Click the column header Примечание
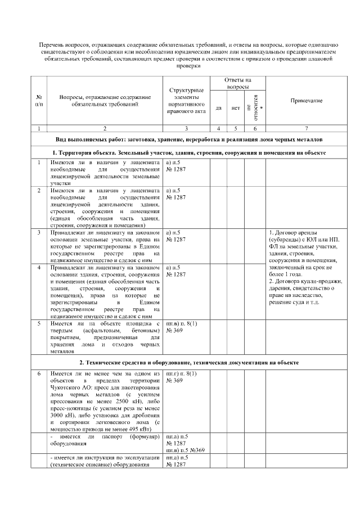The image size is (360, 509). (306, 100)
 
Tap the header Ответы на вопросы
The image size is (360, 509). (237, 84)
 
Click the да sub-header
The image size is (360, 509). (218, 107)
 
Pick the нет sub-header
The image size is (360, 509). (235, 107)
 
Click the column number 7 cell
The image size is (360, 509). (306, 129)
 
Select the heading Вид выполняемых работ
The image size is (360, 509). (188, 139)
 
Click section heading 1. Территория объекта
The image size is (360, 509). (188, 152)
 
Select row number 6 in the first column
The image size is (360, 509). (38, 373)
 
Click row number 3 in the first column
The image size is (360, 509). (38, 232)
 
